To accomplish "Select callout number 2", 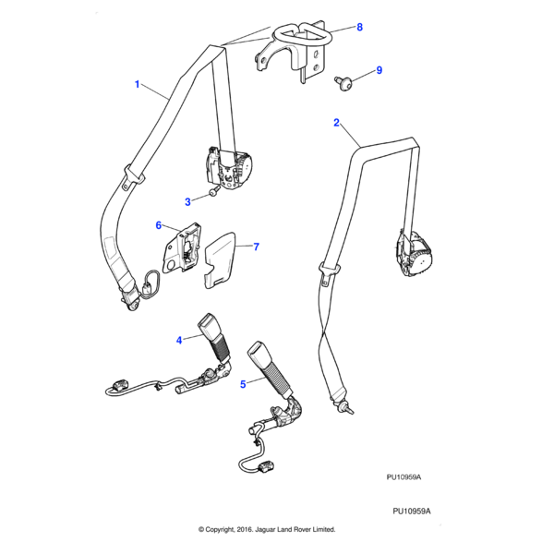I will pyautogui.click(x=336, y=122).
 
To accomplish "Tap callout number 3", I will pyautogui.click(x=187, y=200).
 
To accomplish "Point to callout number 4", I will pyautogui.click(x=179, y=341).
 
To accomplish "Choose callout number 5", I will pyautogui.click(x=243, y=383).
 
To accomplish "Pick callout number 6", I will pyautogui.click(x=158, y=225).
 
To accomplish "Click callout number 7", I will pyautogui.click(x=256, y=247).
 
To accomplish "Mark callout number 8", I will pyautogui.click(x=359, y=28).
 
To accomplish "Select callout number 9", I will pyautogui.click(x=378, y=70).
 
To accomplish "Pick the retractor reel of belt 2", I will pyautogui.click(x=411, y=254).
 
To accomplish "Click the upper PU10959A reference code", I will pyautogui.click(x=403, y=477).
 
